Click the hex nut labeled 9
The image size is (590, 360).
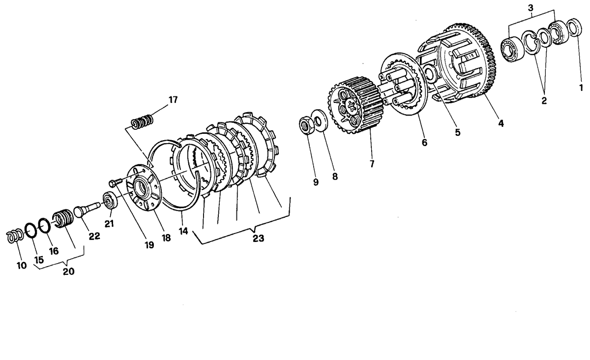[x=306, y=125]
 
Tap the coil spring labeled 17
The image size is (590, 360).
[x=142, y=121]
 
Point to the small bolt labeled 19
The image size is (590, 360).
[x=116, y=182]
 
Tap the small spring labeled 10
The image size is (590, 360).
[x=14, y=236]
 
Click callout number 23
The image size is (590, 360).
[x=259, y=239]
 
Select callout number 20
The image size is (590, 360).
[x=69, y=271]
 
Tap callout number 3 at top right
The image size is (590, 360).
[x=531, y=8]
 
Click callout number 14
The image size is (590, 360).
[x=183, y=231]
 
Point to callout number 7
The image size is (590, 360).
[x=372, y=164]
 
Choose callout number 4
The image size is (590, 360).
[x=501, y=123]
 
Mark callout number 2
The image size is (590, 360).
[x=544, y=100]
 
